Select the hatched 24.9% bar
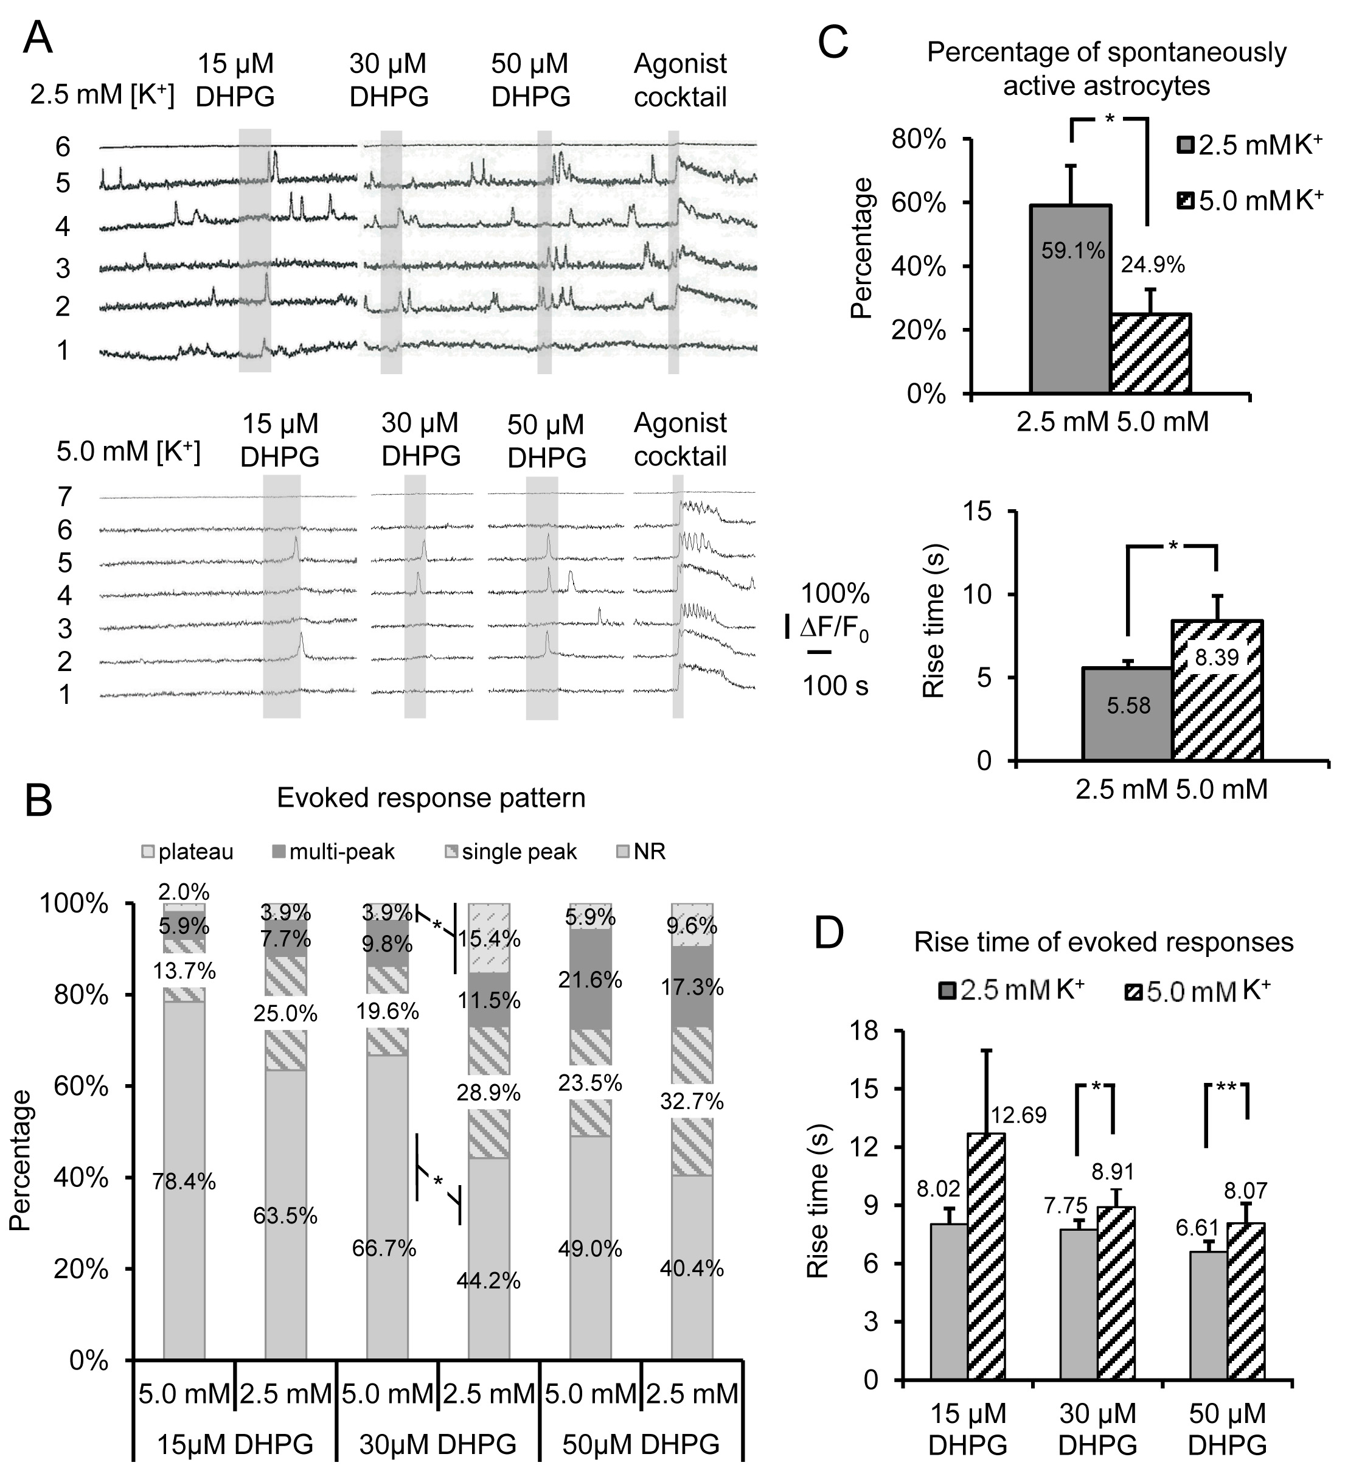1150,352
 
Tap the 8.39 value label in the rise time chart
1217,657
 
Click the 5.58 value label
1128,706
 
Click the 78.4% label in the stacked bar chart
184,1181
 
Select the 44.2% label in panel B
488,1281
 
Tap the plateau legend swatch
148,852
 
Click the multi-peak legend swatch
278,852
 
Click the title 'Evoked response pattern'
431,798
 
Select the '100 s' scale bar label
835,686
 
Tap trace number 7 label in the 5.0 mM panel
64,497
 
